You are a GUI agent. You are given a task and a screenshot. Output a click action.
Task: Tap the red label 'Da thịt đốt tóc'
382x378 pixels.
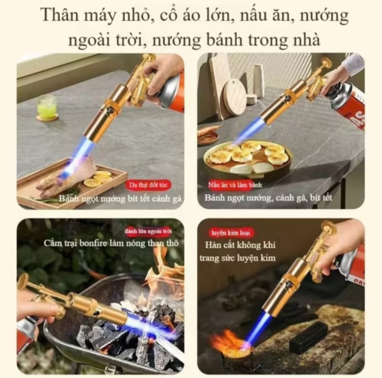(148, 185)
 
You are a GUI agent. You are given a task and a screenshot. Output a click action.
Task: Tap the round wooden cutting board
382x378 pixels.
(234, 97)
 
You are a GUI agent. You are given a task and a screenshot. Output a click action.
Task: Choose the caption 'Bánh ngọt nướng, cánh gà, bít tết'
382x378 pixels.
(268, 197)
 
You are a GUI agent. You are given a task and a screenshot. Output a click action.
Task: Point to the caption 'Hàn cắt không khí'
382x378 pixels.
(240, 245)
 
